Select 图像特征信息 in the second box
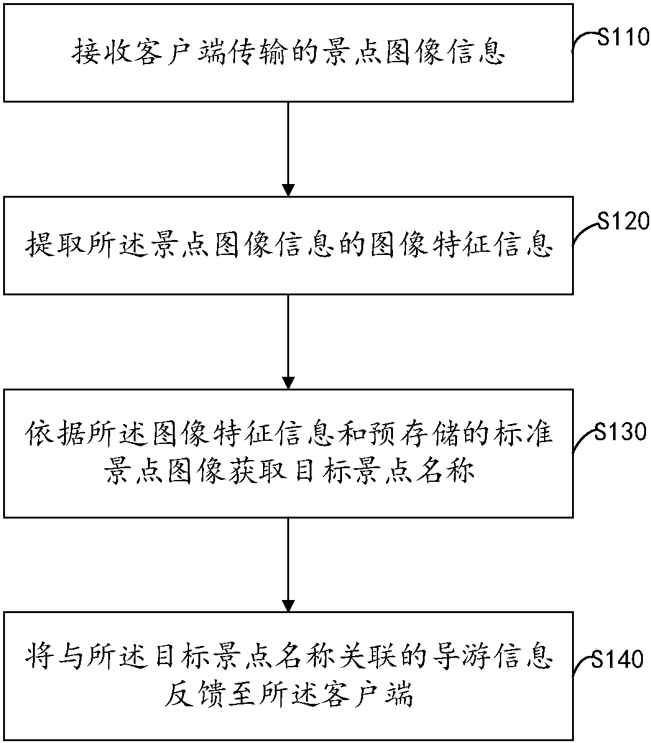(463, 246)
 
